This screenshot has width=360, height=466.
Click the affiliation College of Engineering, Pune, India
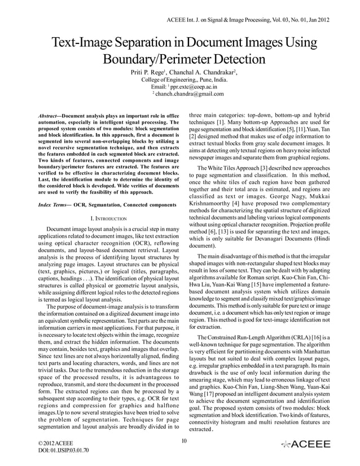(x=180, y=81)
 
